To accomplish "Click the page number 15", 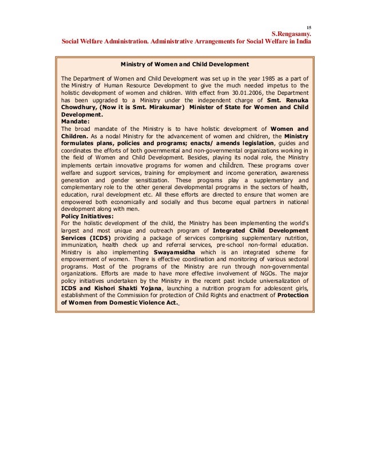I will tap(308, 27).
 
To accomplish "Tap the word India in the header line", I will tap(301, 42).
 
